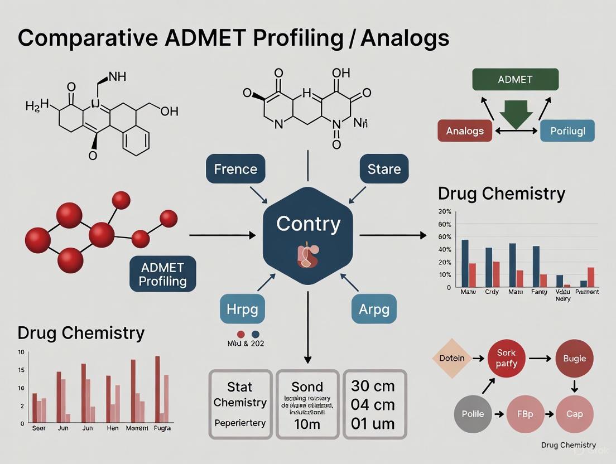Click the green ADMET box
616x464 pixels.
pos(514,79)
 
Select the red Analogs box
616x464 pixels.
pos(465,130)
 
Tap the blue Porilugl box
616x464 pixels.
pos(567,130)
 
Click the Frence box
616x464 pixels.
pos(235,168)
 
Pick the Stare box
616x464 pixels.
pos(384,168)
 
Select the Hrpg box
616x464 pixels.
pos(242,308)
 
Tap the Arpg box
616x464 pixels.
pos(374,308)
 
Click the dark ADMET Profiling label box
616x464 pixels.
pos(163,274)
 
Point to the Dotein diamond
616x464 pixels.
pos(452,358)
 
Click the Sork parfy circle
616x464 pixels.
pos(506,358)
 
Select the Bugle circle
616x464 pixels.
pos(574,358)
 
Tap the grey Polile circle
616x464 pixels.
pos(473,414)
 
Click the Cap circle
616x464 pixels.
pos(574,414)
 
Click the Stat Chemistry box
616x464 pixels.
pos(240,404)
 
